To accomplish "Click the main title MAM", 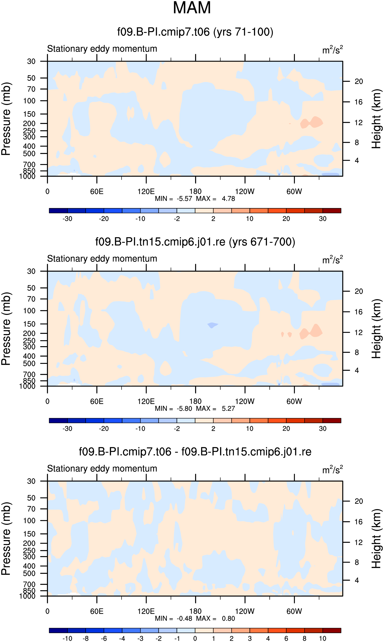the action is point(192,8).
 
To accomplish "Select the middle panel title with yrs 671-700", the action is point(195,242).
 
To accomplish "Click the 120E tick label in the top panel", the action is point(146,192).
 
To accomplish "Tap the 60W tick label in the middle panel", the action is point(294,401).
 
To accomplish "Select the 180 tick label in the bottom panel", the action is point(195,612).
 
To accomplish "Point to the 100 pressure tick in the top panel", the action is point(29,101).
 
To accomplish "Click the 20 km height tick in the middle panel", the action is point(359,292).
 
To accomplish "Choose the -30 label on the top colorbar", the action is point(67,219).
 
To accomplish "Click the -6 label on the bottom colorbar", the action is point(104,639).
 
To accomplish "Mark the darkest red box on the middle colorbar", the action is point(332,421).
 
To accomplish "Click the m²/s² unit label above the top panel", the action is point(333,50).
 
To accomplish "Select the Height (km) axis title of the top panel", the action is point(376,119).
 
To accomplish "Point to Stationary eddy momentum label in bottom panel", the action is point(102,469).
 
